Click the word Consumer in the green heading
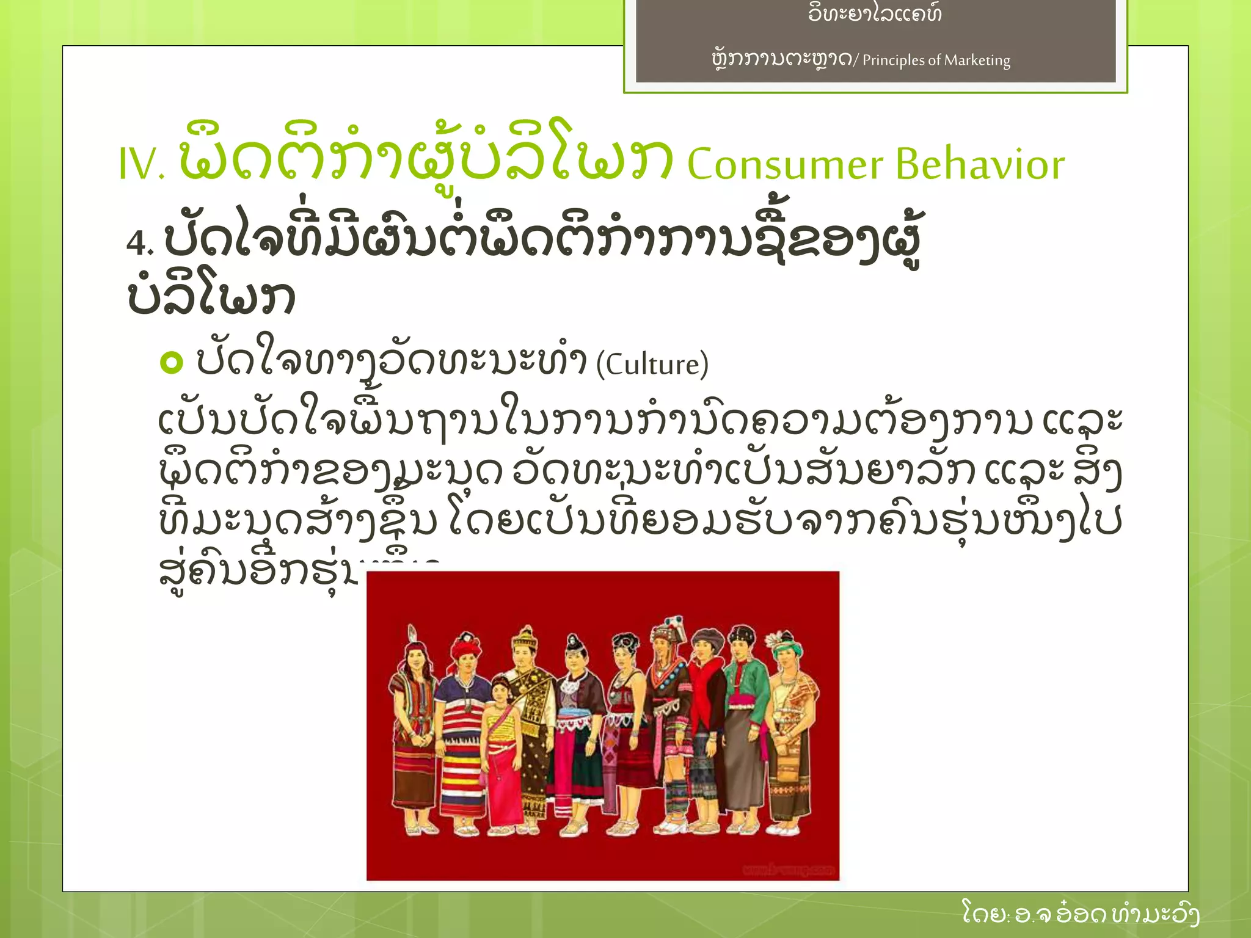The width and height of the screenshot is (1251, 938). pos(785,165)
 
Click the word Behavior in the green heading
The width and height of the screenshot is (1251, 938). pos(980,165)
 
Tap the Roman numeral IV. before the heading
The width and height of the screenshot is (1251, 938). pos(141,165)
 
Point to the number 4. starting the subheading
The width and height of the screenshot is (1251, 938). pos(139,243)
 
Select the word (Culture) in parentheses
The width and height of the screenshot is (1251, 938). pos(652,365)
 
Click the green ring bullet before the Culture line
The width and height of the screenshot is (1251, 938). pos(171,362)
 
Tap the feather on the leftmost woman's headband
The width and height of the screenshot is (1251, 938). pos(412,633)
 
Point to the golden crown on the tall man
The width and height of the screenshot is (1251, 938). pos(525,639)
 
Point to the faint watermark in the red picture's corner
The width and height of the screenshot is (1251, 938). pos(788,869)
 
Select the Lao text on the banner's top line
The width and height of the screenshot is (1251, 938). pos(875,13)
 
